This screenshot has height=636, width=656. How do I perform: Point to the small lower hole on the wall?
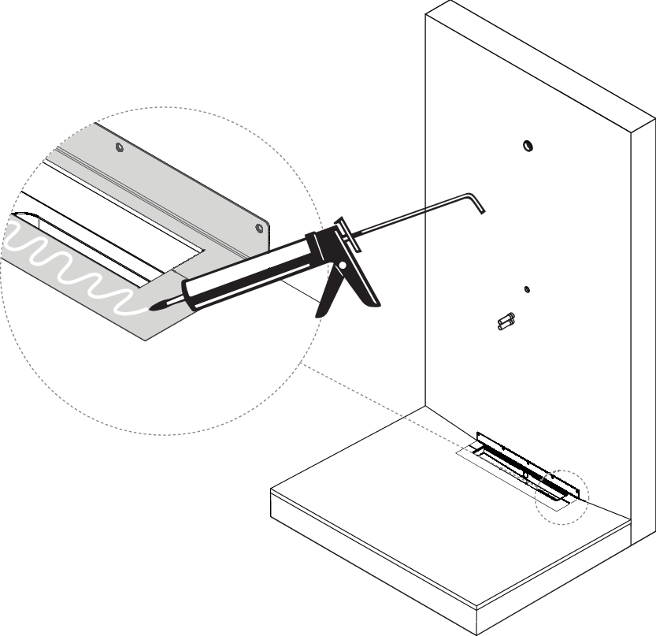528,289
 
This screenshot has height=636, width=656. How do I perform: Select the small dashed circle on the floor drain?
560,494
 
